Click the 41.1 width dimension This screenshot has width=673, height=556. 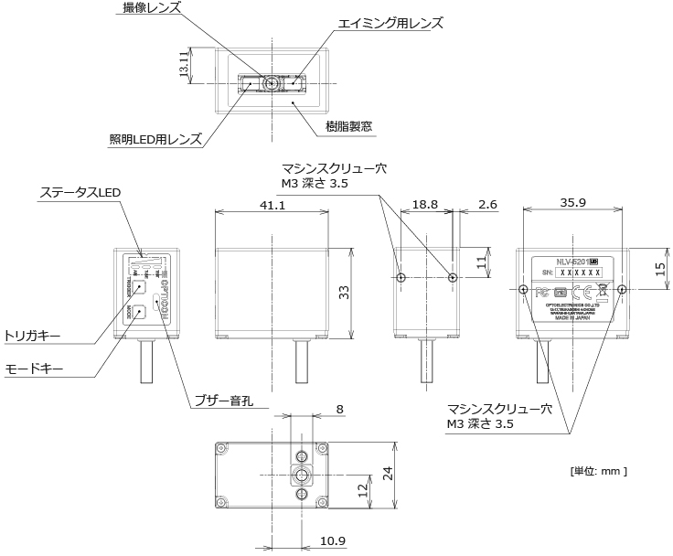pos(272,206)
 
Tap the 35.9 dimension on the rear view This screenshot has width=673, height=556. pos(574,204)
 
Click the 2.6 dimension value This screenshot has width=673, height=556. pos(487,206)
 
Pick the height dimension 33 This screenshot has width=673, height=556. pos(345,292)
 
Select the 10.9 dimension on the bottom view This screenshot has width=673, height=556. pos(334,540)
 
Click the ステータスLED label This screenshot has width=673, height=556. pos(80,193)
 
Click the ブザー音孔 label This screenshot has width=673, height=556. pos(224,401)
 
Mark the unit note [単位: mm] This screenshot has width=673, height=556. pos(599,471)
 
